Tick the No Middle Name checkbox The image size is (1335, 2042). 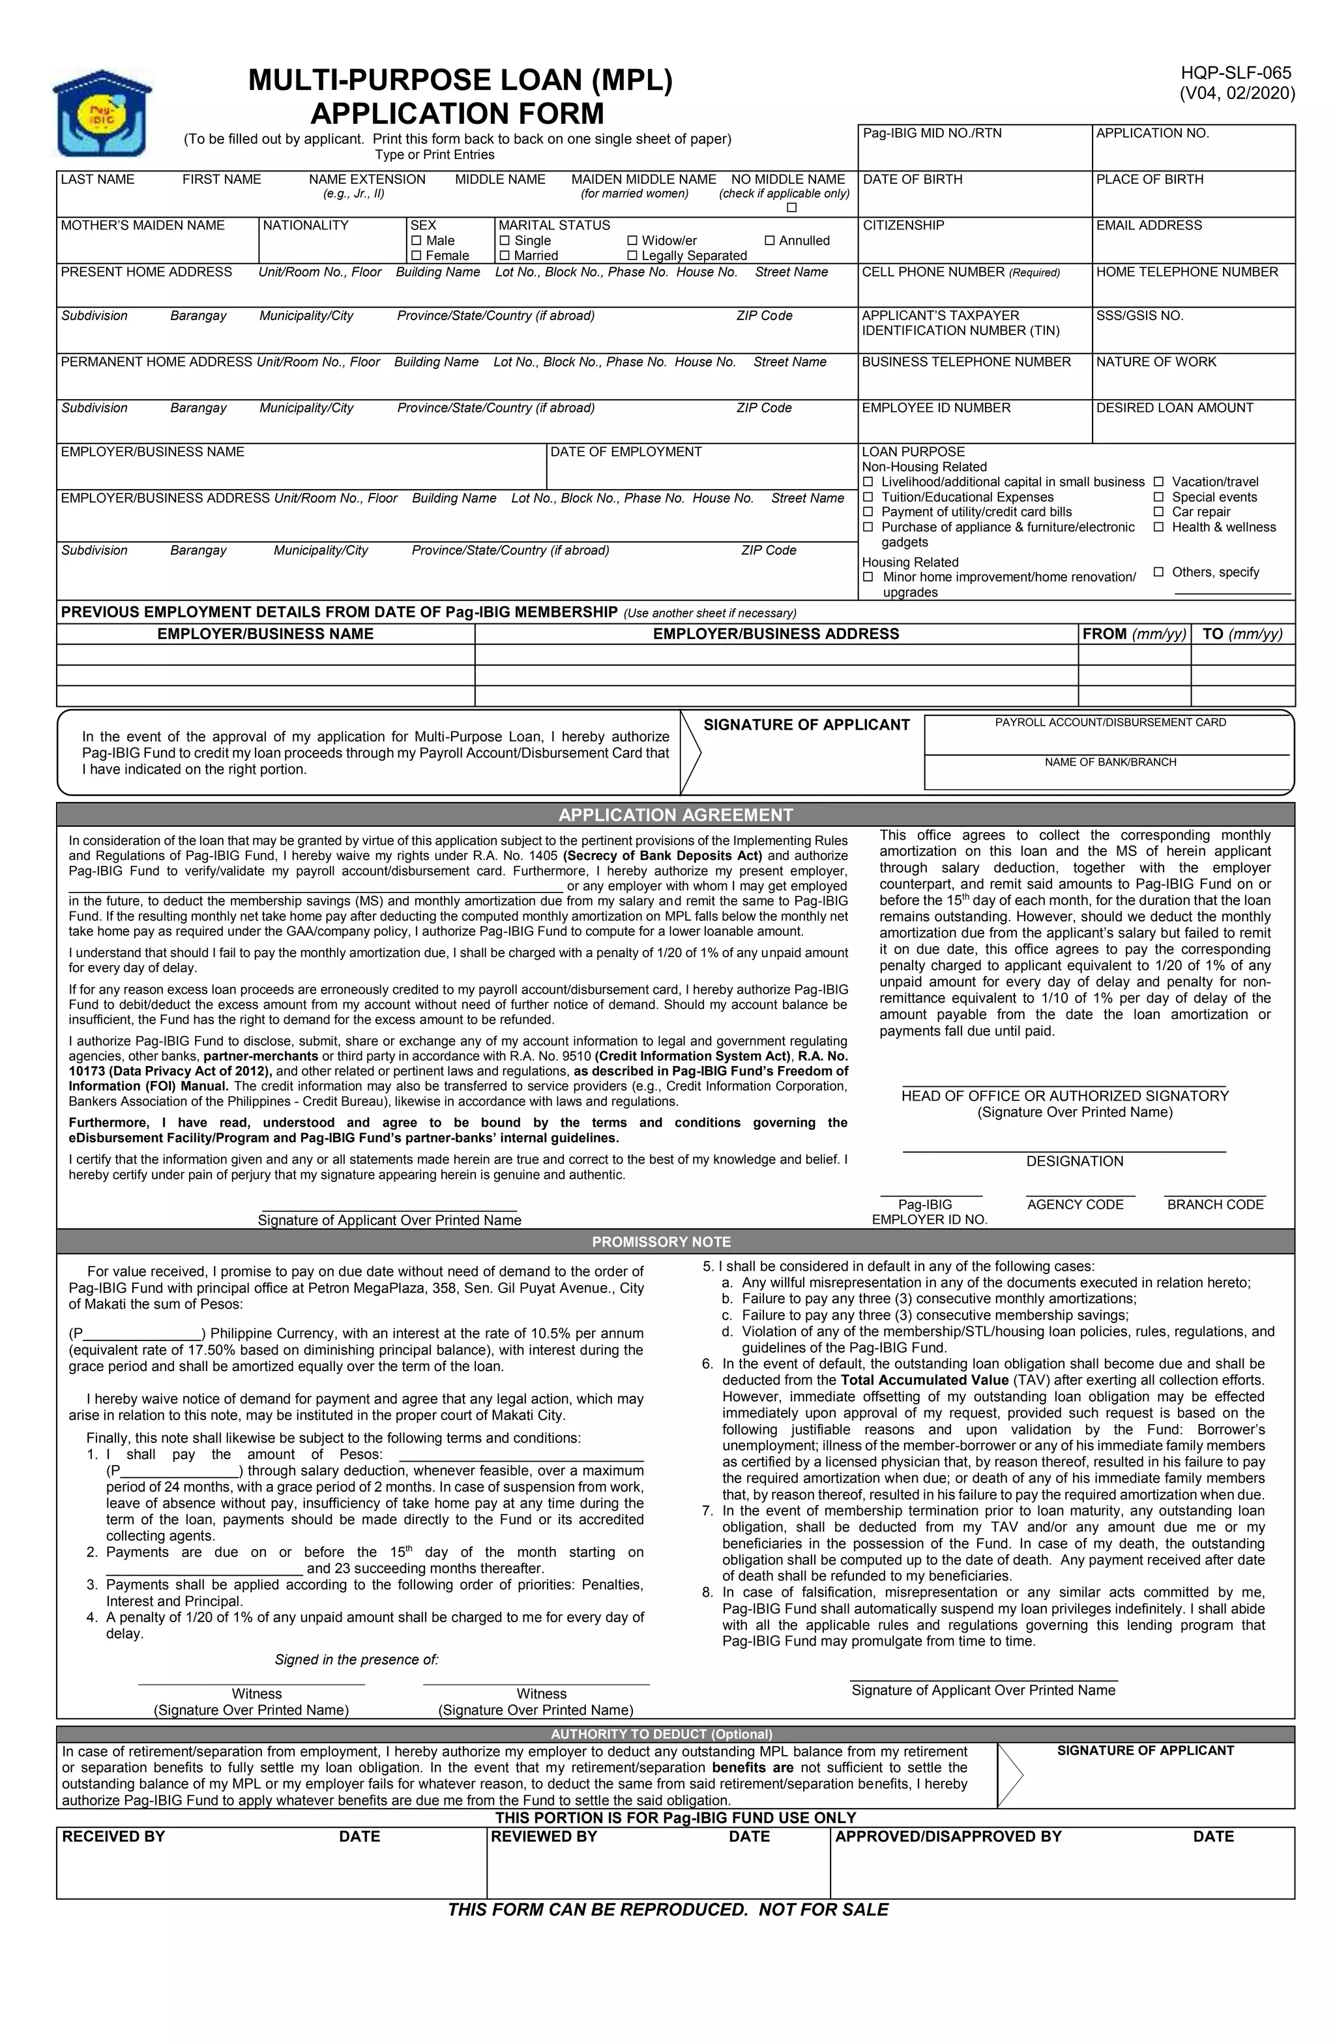point(791,207)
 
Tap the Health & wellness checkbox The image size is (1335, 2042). point(1158,527)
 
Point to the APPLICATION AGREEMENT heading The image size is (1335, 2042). point(675,815)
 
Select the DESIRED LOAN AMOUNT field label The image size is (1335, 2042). point(1174,408)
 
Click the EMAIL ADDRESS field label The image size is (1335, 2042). point(1149,226)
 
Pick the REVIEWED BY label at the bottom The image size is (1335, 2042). point(543,1837)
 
